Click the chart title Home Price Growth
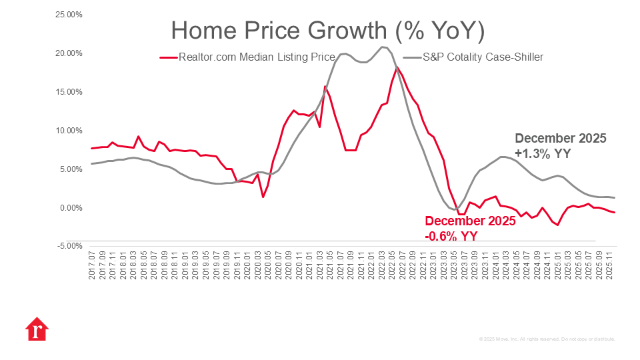[x=327, y=31]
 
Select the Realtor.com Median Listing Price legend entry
[x=256, y=57]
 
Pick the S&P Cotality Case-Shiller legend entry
[x=483, y=57]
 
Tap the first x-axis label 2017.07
[x=91, y=266]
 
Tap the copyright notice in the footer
[x=547, y=339]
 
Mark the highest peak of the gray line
[x=383, y=47]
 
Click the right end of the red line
[x=615, y=212]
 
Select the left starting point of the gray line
[x=91, y=163]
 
